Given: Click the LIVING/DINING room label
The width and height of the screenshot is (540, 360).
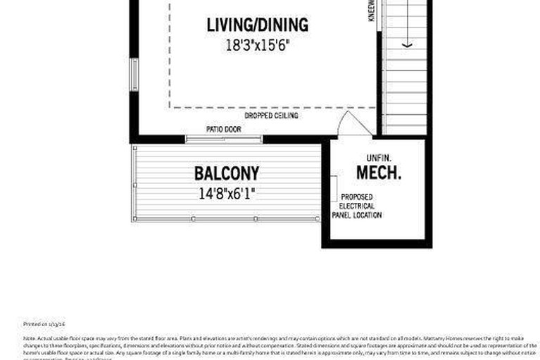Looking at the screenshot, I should [x=257, y=25].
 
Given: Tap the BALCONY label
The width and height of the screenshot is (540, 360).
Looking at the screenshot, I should [x=227, y=173].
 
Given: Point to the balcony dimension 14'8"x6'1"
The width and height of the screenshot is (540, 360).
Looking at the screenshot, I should [x=227, y=192].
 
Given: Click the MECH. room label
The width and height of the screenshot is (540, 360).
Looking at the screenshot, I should [x=378, y=173].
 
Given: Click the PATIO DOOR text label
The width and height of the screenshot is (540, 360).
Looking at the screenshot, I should [x=223, y=130].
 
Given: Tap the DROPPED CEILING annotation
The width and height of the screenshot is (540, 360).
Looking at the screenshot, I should [x=271, y=116].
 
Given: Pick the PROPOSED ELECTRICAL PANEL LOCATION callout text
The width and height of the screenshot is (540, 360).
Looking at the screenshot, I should [x=361, y=206].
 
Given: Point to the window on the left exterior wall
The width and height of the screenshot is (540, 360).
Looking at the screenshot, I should [x=134, y=74].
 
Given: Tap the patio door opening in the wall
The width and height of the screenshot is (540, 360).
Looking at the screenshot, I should [x=223, y=139].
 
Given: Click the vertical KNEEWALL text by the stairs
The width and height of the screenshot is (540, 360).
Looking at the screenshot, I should [x=371, y=11].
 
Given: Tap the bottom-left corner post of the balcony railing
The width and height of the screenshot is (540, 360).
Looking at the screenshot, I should [x=134, y=219].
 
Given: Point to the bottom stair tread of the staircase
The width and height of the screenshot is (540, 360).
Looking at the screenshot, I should [x=406, y=128].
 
